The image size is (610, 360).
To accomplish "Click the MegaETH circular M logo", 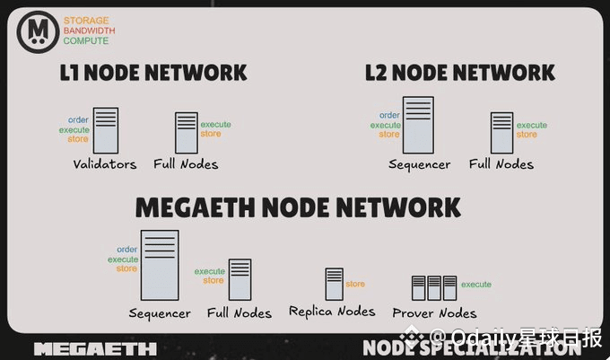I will pos(37,31).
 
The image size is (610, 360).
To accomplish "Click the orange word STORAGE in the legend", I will pos(86,20).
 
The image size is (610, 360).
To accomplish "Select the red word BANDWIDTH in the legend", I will pos(90,31).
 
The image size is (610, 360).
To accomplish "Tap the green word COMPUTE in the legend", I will pos(86,41).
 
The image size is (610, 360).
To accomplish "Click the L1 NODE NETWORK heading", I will pos(153,72).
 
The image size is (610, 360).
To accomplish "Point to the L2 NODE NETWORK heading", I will pos(459,72).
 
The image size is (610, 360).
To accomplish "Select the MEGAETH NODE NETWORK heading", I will pos(298,207).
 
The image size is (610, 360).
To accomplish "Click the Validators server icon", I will pos(106,130).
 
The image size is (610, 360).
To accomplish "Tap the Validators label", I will pos(105,164).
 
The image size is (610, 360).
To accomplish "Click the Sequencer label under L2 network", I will pos(419,164).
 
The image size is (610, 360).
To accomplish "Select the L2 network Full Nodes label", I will pos(501,164).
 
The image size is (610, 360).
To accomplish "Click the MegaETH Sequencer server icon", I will pos(160,264).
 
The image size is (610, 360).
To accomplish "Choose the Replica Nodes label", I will pos(332,312).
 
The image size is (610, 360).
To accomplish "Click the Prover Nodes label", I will pos(434,313).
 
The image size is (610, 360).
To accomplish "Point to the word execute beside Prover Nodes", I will pos(476,285).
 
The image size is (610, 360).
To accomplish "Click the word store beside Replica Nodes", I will pos(355,284).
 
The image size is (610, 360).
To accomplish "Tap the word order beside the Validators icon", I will pos(79,119).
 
